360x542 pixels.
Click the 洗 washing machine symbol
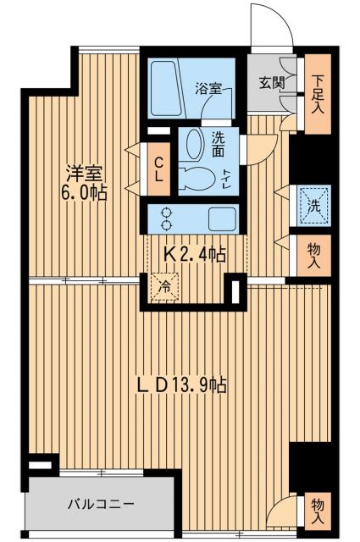pos(311,204)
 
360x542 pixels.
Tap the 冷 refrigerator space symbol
pos(165,287)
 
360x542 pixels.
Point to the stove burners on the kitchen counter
pos(164,219)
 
